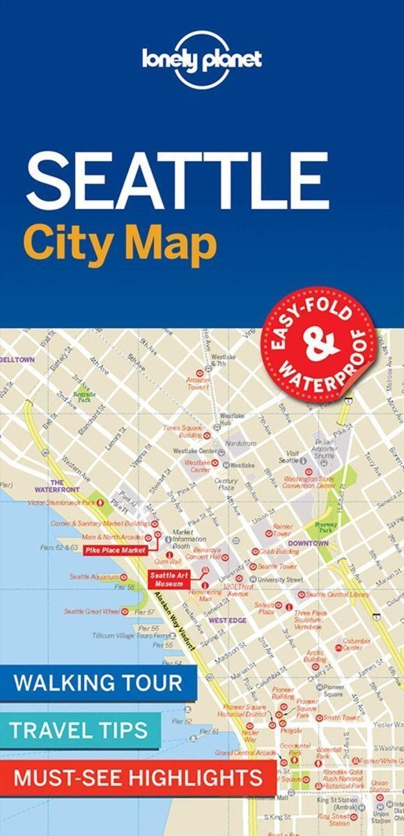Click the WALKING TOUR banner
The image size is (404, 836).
(98, 682)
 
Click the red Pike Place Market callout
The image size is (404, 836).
(115, 550)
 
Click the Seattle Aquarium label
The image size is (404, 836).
(93, 577)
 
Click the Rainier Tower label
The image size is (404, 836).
(282, 530)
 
